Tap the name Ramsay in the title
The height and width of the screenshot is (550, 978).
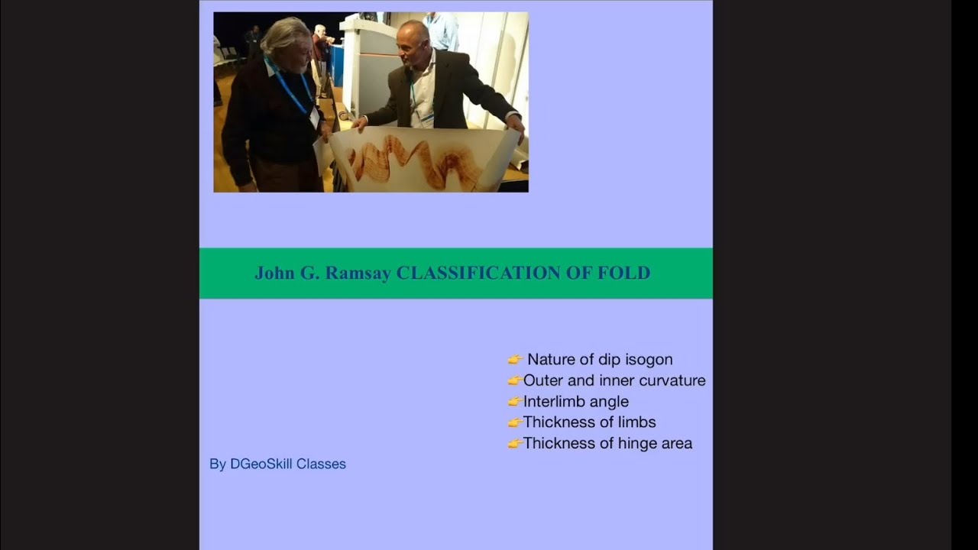coord(358,273)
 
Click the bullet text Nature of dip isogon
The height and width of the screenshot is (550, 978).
coord(600,359)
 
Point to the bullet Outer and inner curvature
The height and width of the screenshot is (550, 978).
coord(614,380)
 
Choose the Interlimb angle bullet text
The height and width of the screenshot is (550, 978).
coord(576,401)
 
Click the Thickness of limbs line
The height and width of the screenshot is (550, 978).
coord(589,422)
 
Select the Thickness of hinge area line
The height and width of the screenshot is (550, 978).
coord(607,443)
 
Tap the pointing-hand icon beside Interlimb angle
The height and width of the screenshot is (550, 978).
coord(514,402)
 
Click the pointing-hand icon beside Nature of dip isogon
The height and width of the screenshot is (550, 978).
coord(515,360)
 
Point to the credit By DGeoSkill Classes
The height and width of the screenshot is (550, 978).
coord(277,464)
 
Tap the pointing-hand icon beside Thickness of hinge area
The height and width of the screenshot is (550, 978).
coord(514,444)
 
